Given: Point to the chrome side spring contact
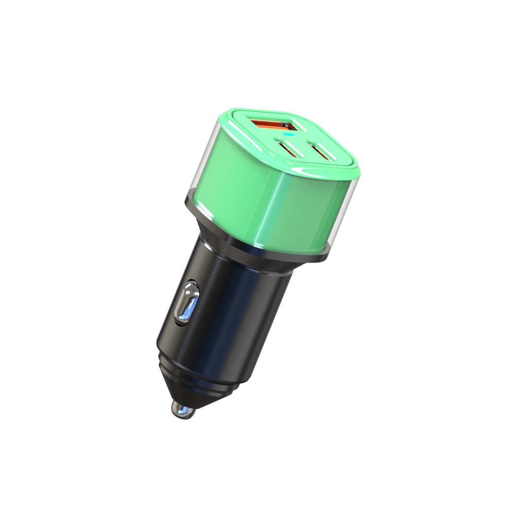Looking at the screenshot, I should (186, 304).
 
